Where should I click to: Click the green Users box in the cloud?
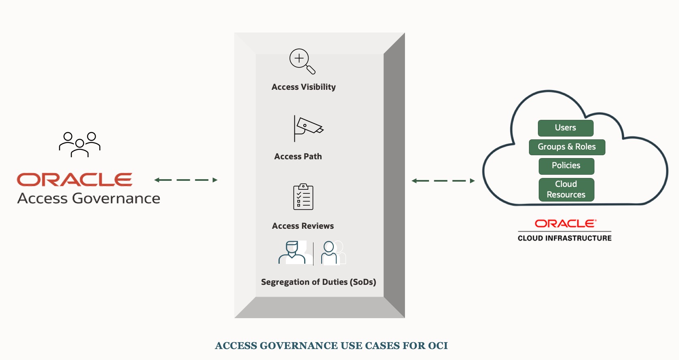coord(565,128)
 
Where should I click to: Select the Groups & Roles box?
coord(566,147)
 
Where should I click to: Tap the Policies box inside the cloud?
coord(566,166)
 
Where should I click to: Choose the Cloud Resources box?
coord(566,189)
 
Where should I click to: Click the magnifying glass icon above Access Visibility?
coord(302,61)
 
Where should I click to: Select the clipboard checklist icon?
coord(303,197)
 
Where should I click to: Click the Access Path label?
coord(298,156)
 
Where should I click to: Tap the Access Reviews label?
coord(303,226)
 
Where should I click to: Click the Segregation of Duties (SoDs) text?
coord(318,282)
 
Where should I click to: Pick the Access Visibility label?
coord(304,87)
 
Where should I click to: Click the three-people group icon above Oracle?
coord(80,145)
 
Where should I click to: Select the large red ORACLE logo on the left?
coord(74,180)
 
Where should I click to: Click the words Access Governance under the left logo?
coord(89,198)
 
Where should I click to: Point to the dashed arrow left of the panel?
coord(186,180)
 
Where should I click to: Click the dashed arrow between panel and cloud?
coord(443,181)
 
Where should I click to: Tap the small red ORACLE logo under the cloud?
coord(565,223)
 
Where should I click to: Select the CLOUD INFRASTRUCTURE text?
coord(564,238)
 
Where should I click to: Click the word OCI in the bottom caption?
coord(437,346)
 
